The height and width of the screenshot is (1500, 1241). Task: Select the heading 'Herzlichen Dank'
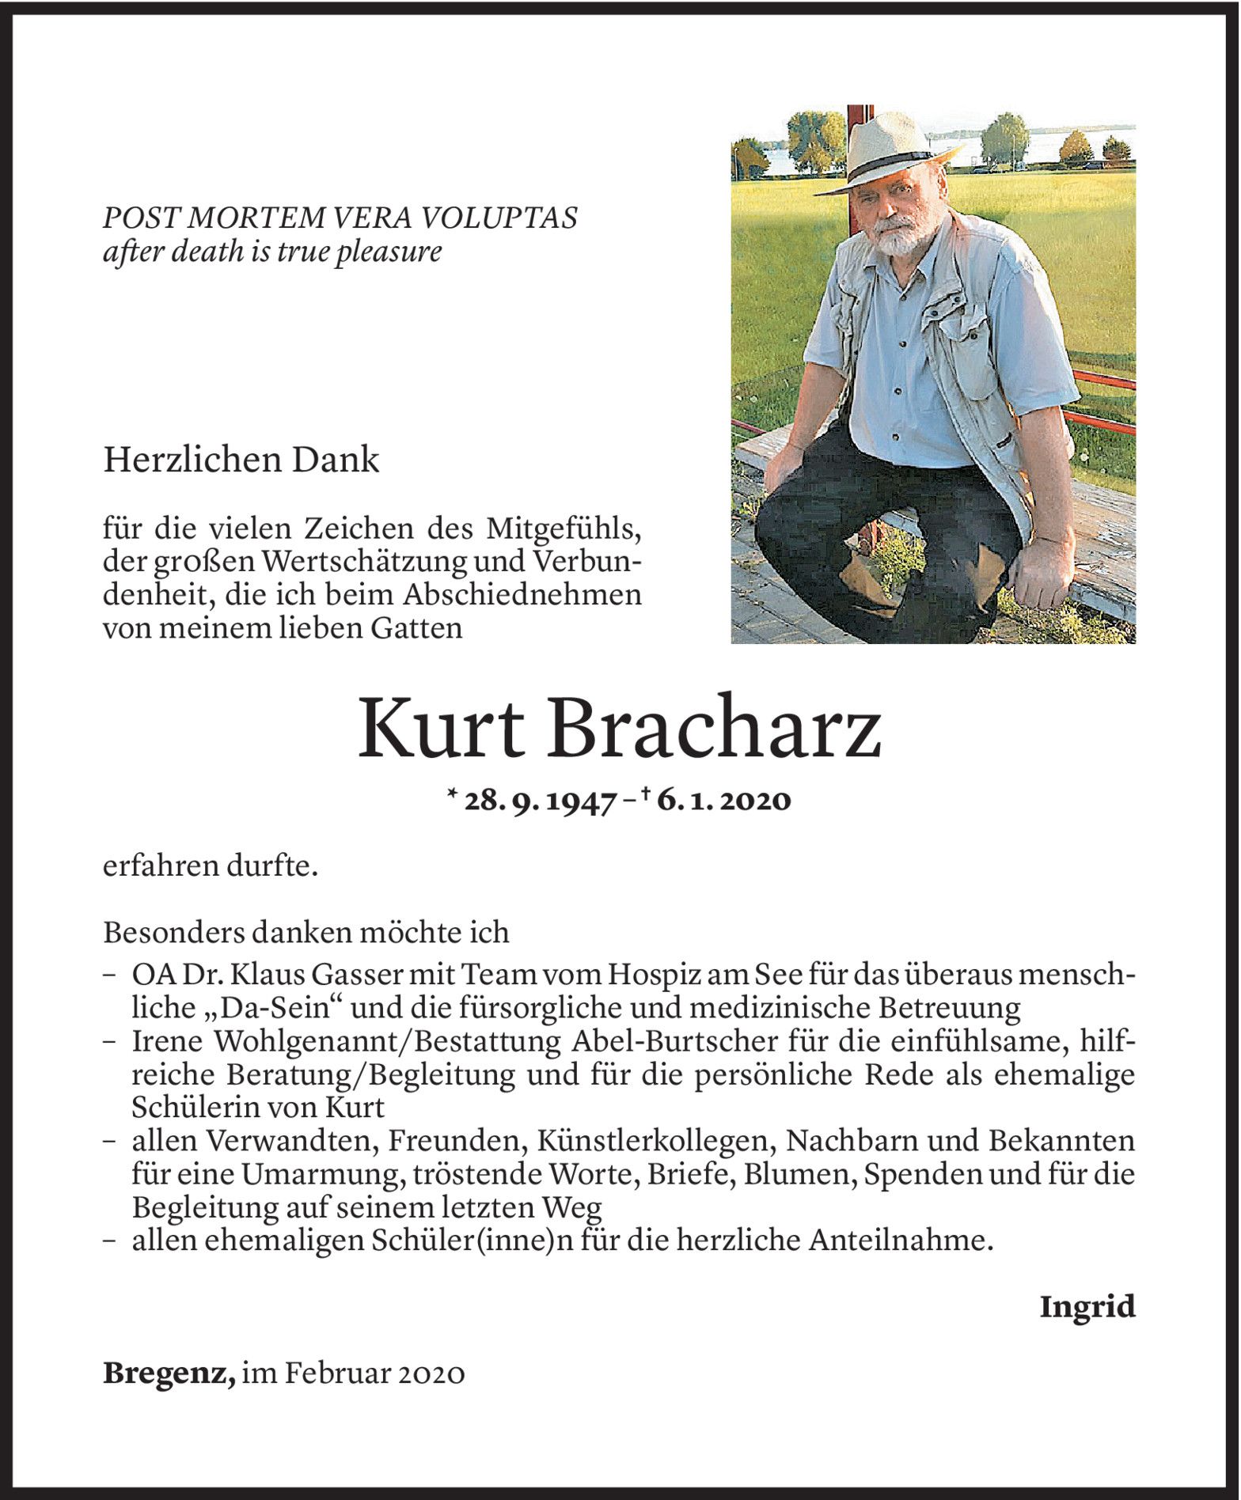tap(241, 460)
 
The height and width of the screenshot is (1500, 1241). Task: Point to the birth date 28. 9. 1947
tap(541, 801)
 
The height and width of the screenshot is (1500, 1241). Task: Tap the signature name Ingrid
tap(1087, 1306)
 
